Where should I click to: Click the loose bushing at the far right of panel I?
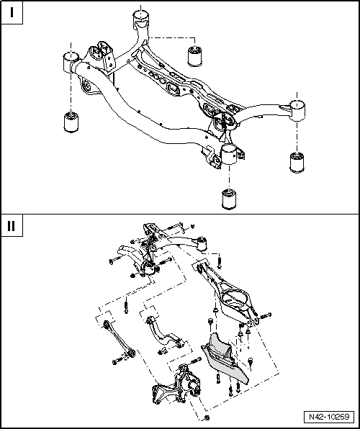coord(297,162)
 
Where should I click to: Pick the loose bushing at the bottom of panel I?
coord(229,198)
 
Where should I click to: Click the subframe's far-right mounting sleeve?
coord(298,110)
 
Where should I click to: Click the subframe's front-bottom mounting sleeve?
coord(230,153)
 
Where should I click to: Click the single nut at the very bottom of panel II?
coord(207,418)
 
